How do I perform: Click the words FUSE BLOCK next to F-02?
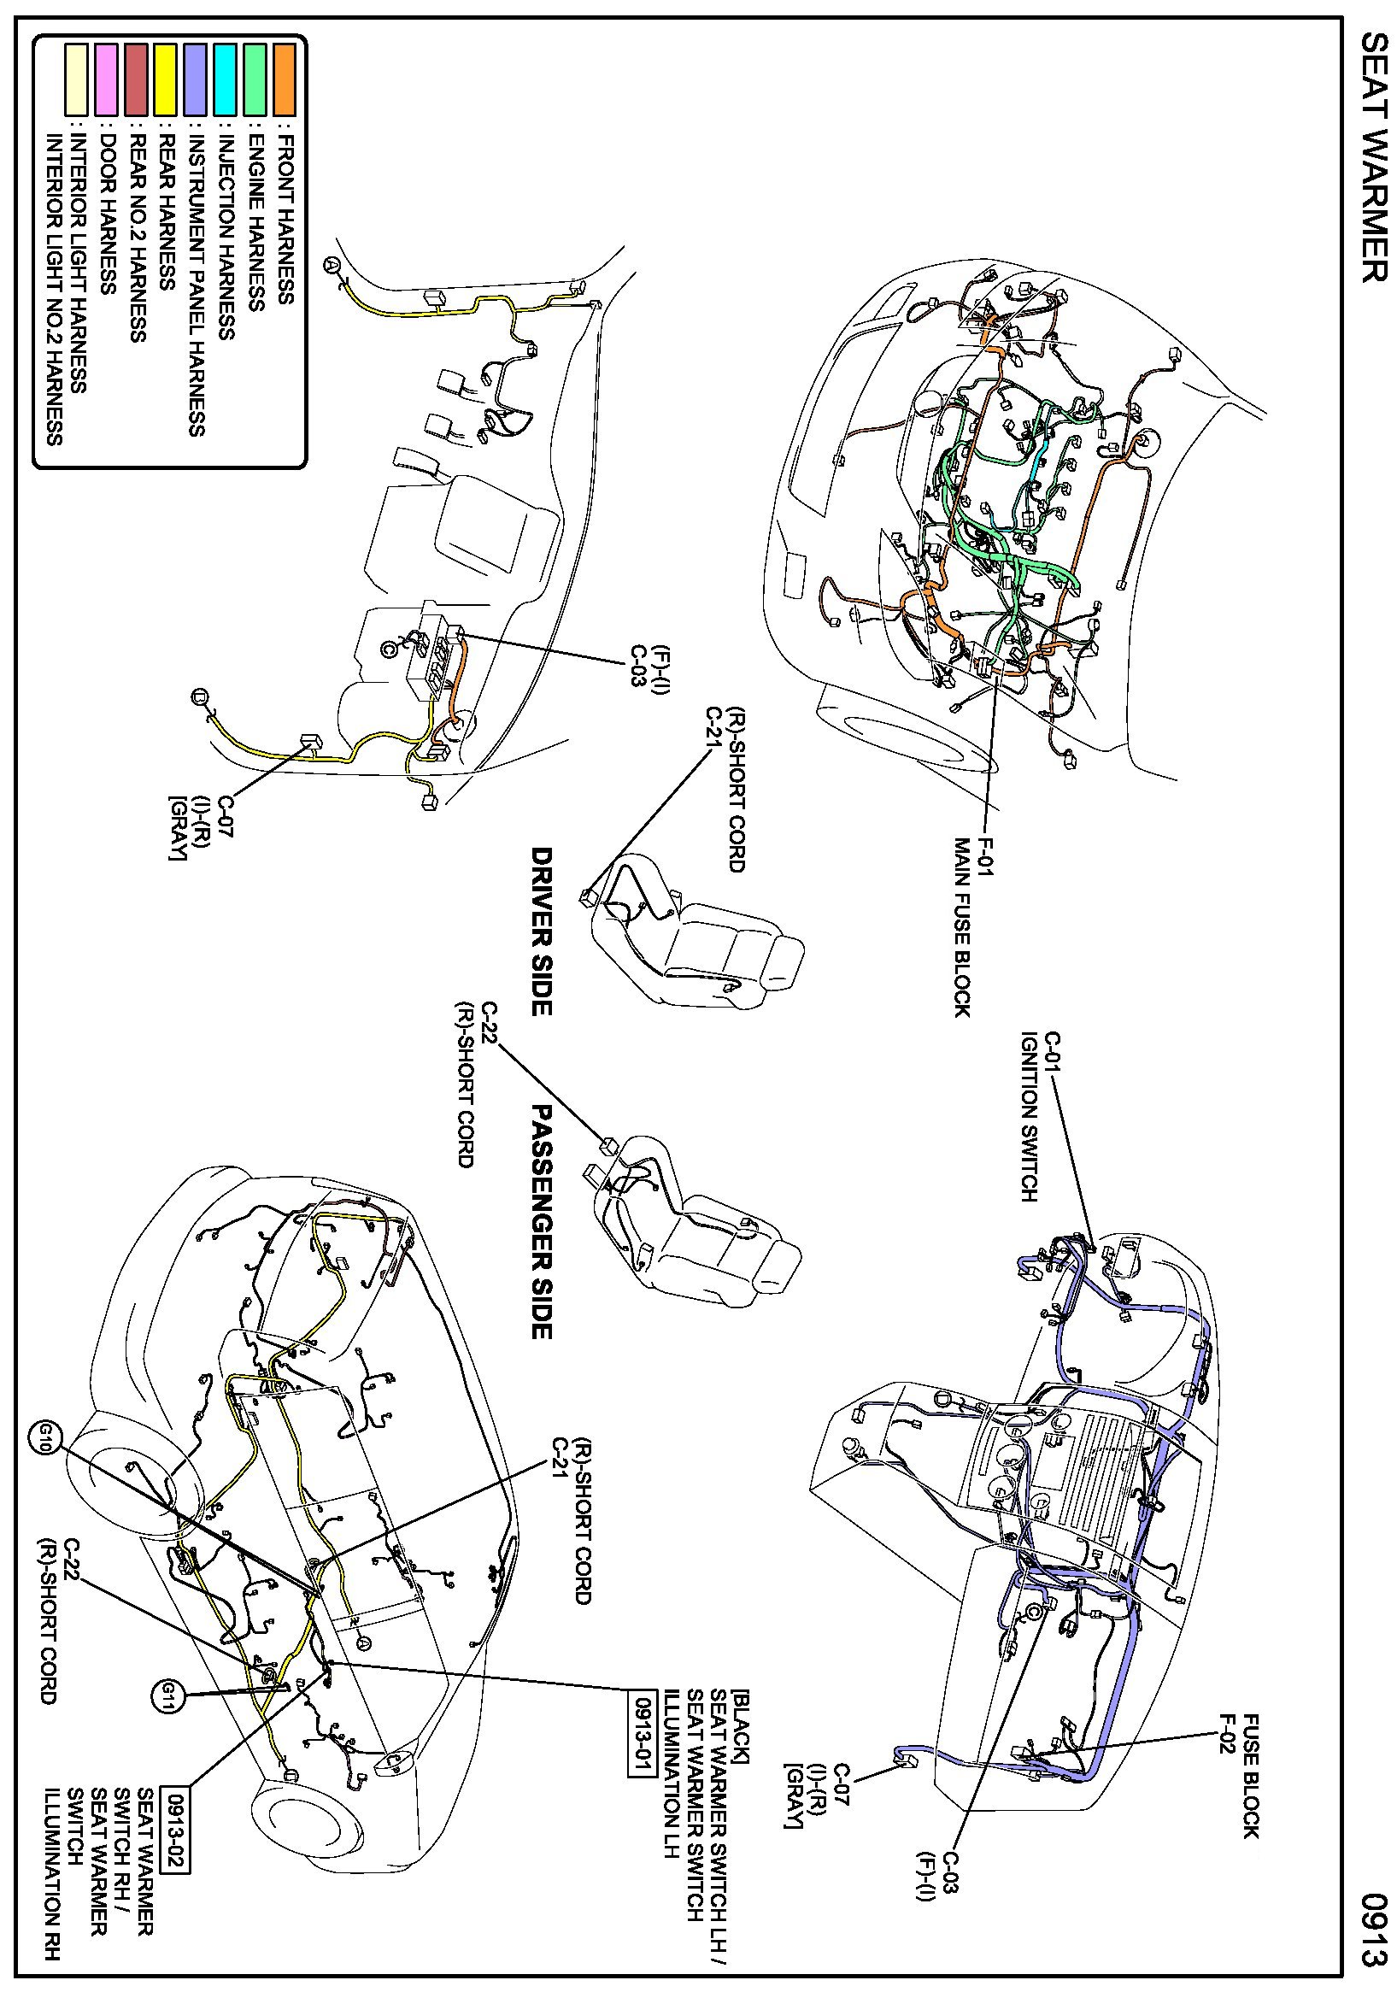pos(1249,1774)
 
